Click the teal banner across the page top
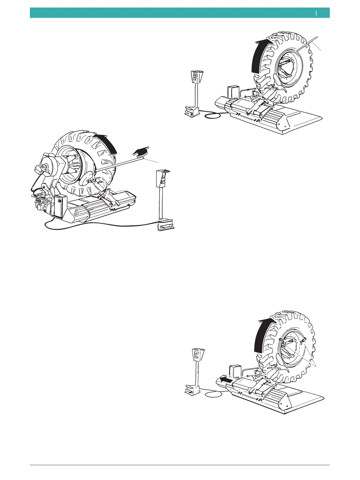[x=180, y=13]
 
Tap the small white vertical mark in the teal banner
[x=316, y=13]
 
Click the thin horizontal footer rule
[x=180, y=465]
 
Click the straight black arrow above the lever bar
[x=142, y=151]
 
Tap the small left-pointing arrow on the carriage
[x=227, y=380]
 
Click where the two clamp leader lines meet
[x=316, y=366]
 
